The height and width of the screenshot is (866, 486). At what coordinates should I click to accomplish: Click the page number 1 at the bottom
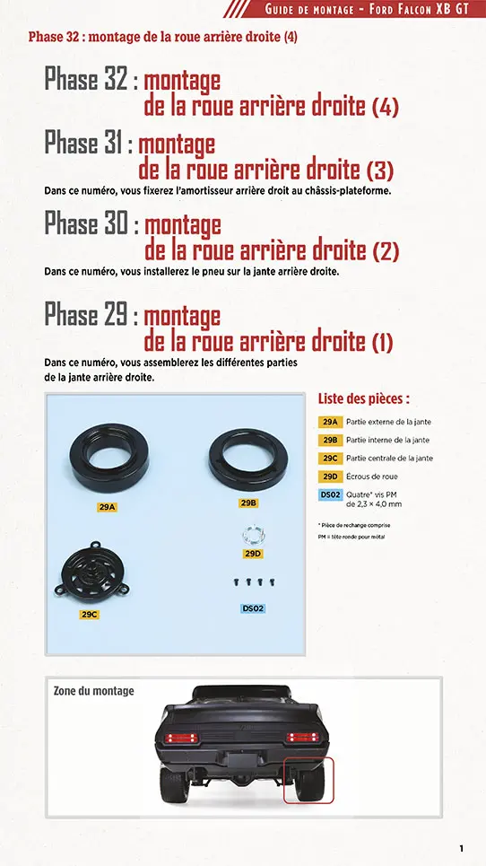pyautogui.click(x=461, y=848)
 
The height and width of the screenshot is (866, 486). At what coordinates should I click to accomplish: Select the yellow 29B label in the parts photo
pyautogui.click(x=248, y=503)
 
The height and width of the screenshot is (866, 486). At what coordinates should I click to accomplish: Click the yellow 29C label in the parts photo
pyautogui.click(x=89, y=615)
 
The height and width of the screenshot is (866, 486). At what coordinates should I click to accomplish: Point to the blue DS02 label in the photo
pyautogui.click(x=253, y=608)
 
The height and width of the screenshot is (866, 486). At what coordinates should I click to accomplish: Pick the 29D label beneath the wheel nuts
pyautogui.click(x=253, y=554)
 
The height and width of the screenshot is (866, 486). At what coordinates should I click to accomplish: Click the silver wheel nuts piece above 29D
pyautogui.click(x=252, y=535)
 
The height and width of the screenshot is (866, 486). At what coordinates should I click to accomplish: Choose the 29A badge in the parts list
pyautogui.click(x=329, y=422)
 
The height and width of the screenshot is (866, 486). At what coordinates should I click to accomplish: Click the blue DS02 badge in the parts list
pyautogui.click(x=329, y=494)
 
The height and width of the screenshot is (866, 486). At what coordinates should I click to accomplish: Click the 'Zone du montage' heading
pyautogui.click(x=94, y=691)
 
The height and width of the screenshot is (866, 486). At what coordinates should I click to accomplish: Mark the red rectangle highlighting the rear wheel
pyautogui.click(x=308, y=780)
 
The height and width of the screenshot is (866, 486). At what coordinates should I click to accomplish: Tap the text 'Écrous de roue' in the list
pyautogui.click(x=371, y=477)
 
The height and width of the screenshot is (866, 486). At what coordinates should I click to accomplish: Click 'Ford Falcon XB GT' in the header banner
pyautogui.click(x=423, y=9)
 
